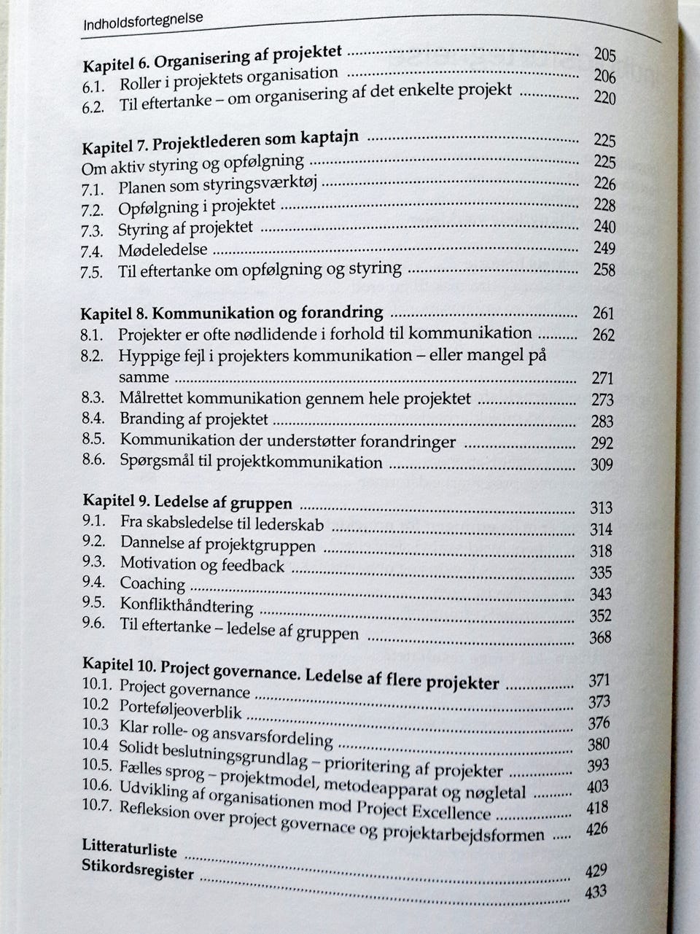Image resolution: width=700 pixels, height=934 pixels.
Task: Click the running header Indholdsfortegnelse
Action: tap(143, 21)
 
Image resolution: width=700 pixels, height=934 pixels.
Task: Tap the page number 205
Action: tap(604, 55)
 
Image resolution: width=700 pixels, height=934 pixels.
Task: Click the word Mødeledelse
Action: tap(163, 250)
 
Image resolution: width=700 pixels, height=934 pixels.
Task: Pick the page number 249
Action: tap(604, 248)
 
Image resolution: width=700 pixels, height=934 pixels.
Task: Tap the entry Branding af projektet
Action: tap(194, 419)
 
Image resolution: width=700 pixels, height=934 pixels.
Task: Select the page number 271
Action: tap(602, 378)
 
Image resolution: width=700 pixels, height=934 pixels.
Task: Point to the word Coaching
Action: tap(152, 583)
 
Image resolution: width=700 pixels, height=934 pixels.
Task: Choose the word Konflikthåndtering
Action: tap(187, 605)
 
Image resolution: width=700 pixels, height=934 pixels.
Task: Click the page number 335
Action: tap(601, 572)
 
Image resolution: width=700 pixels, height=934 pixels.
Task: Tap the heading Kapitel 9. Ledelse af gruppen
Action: tap(187, 502)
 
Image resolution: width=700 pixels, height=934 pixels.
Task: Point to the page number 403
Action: tap(598, 787)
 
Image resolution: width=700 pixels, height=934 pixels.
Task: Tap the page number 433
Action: tap(596, 892)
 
